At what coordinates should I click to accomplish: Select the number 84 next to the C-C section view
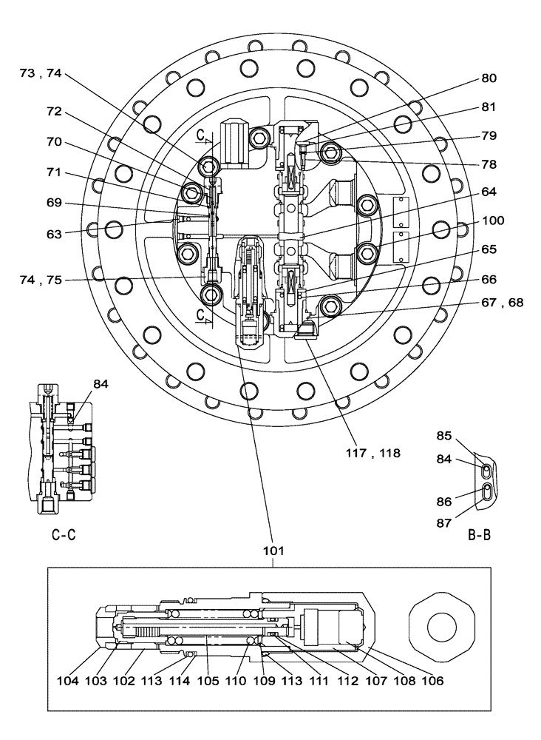point(101,383)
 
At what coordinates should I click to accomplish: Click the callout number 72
point(55,113)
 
